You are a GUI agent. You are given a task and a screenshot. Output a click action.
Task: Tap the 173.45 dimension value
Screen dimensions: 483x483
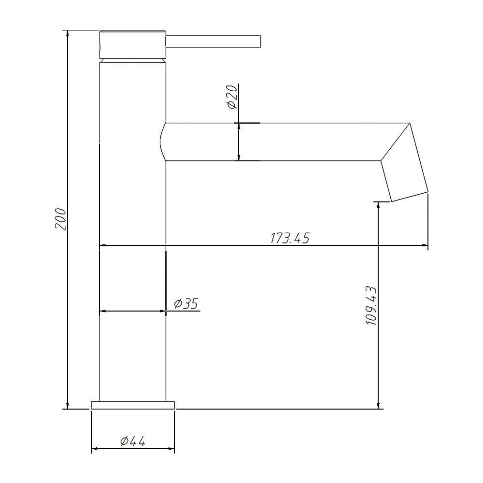tap(289, 238)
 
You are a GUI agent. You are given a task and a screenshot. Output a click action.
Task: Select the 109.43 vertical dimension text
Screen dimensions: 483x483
tap(371, 305)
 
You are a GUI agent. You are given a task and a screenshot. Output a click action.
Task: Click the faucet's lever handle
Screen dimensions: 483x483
tap(213, 41)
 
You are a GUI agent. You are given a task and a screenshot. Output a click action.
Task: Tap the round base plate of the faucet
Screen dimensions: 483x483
tap(133, 404)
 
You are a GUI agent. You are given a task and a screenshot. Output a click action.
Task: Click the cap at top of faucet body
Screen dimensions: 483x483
tap(133, 45)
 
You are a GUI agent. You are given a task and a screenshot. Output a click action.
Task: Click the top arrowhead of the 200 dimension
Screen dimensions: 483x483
tap(68, 34)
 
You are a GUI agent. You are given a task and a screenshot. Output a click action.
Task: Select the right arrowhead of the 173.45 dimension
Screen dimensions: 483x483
tap(425, 246)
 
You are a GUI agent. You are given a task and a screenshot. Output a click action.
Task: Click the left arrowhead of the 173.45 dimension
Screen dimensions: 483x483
tap(103, 246)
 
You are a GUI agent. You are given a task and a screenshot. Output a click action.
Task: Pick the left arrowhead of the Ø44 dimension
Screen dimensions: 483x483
tap(95, 449)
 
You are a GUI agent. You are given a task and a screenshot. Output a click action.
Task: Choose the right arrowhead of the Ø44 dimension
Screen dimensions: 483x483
tap(171, 449)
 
